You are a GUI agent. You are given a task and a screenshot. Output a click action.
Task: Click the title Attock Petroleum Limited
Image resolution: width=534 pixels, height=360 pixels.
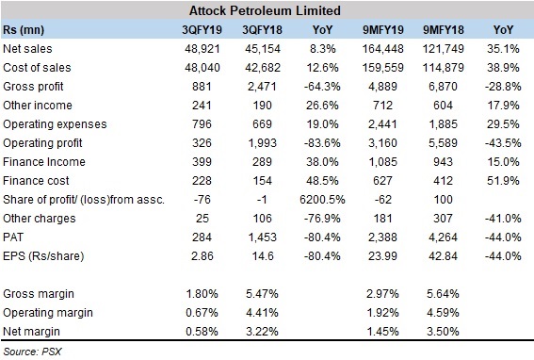(267, 10)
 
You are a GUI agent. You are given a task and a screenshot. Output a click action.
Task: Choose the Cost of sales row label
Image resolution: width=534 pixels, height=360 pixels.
(37, 68)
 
